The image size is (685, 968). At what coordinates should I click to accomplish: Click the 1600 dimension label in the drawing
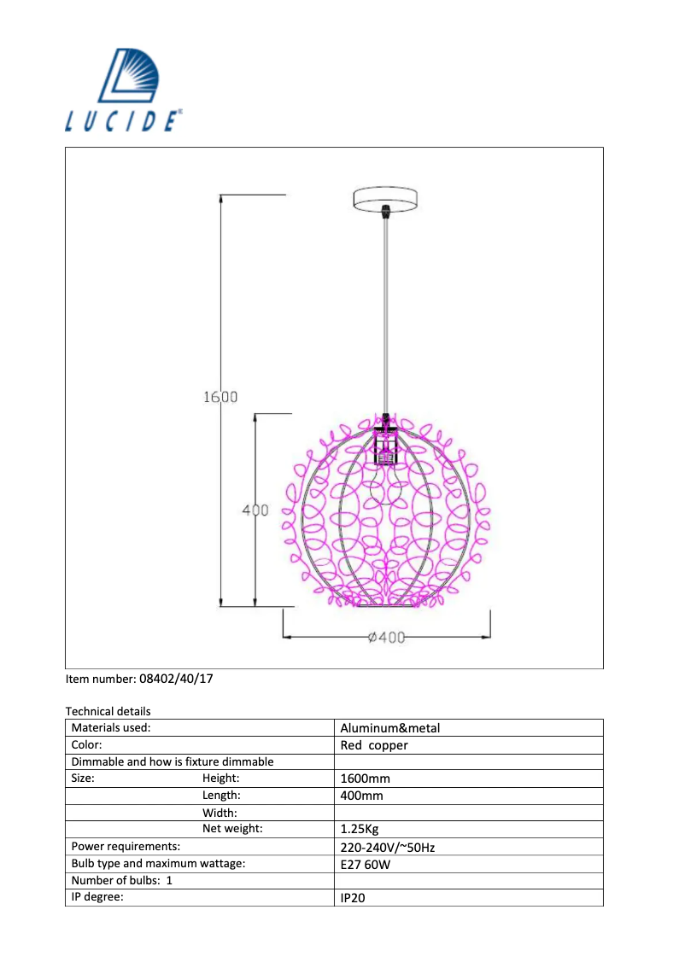[220, 396]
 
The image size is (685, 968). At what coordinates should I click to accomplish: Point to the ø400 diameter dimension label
[387, 637]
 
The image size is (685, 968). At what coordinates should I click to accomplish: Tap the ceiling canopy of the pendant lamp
[385, 200]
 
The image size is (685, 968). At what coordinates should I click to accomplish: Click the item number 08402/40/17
[176, 679]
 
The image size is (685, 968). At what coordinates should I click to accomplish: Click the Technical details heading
[108, 711]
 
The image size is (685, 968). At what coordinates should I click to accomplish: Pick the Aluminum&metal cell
[390, 728]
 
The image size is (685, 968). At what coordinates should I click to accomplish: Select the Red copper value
[374, 745]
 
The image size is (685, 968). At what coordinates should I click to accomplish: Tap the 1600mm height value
[365, 778]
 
